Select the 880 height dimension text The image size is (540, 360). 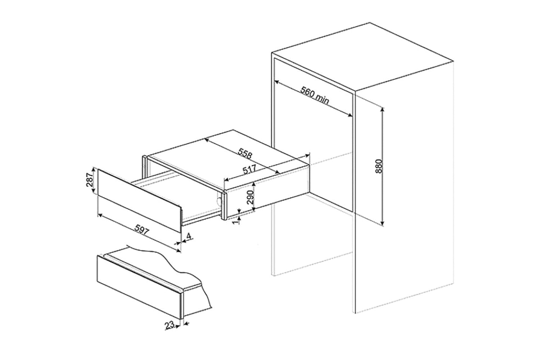point(380,166)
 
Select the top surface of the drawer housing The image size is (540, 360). point(228,153)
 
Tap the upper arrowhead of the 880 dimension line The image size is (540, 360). point(383,109)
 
